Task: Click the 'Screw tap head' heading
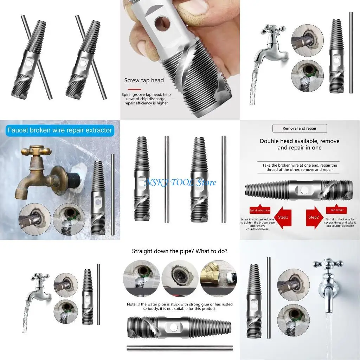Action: coord(144,81)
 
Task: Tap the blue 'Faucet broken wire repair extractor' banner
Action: coord(59,130)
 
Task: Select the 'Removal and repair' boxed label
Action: coord(300,128)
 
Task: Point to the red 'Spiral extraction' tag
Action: coord(259,210)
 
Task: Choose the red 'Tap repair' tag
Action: coord(337,210)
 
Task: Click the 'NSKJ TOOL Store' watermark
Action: coord(180,182)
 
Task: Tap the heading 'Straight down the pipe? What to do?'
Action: coord(179,251)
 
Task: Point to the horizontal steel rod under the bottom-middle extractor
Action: coord(179,348)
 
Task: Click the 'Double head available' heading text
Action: coord(300,144)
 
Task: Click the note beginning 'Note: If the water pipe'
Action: coord(180,306)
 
